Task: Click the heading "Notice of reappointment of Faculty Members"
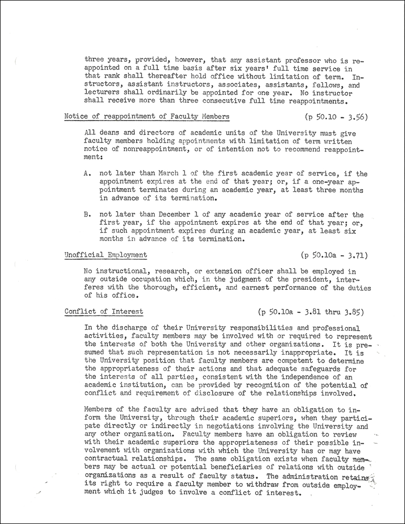pos(147,116)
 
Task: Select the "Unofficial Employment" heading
pos(105,255)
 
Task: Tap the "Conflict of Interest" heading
pos(104,311)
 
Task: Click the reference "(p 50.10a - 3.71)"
pos(335,255)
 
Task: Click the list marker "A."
pos(87,174)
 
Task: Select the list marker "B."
pos(87,215)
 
